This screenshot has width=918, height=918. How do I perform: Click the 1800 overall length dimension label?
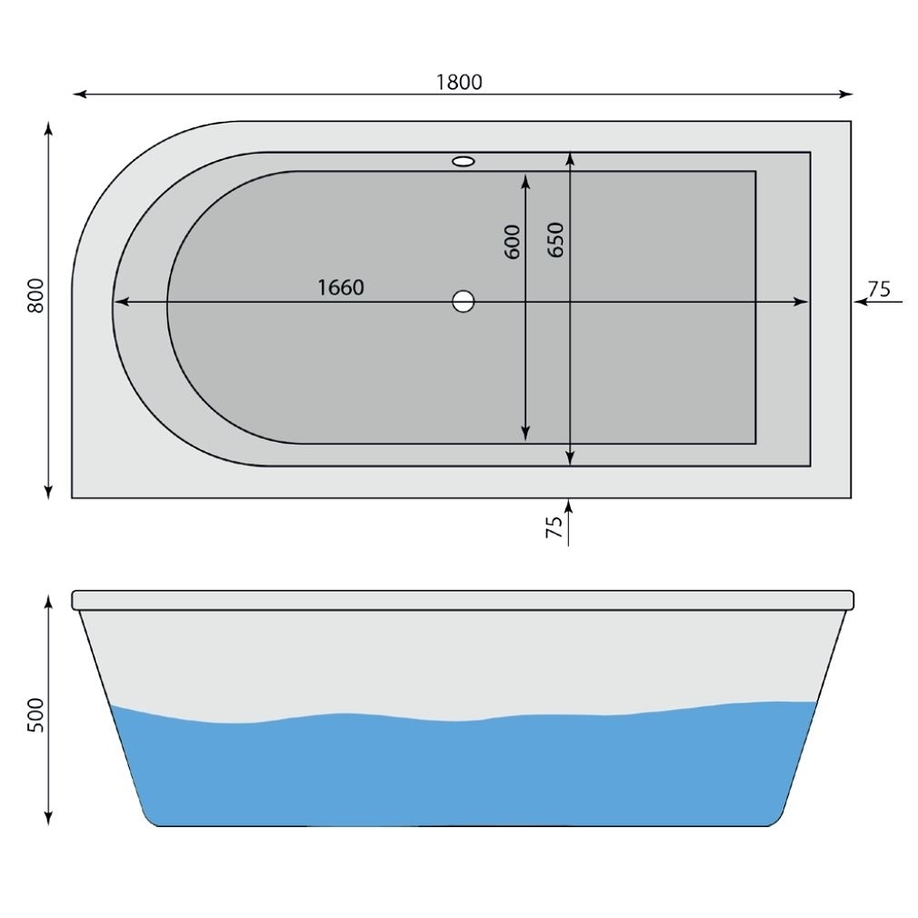(x=459, y=82)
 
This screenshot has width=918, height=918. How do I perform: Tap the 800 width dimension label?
(x=36, y=296)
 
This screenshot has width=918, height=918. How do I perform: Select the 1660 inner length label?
(x=341, y=288)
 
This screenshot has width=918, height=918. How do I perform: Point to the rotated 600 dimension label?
(x=513, y=242)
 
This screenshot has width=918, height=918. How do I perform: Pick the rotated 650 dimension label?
(x=556, y=240)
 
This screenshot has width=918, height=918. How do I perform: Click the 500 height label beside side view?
(x=36, y=716)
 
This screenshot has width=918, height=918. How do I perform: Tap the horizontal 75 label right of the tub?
(x=878, y=289)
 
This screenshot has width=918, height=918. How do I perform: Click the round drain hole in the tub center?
(x=464, y=302)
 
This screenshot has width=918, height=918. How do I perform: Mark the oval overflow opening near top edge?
(x=463, y=162)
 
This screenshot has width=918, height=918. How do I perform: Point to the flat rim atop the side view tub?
(x=463, y=600)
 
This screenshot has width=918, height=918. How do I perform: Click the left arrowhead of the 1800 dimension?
(x=79, y=94)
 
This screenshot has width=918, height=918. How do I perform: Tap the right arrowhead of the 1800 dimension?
(x=846, y=94)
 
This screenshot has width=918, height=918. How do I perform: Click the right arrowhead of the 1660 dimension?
(x=801, y=302)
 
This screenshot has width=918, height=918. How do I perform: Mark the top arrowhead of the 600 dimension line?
(x=526, y=179)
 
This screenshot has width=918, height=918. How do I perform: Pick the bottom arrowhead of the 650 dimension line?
(x=570, y=458)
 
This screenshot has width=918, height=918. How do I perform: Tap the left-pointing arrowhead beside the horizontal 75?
(x=860, y=302)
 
